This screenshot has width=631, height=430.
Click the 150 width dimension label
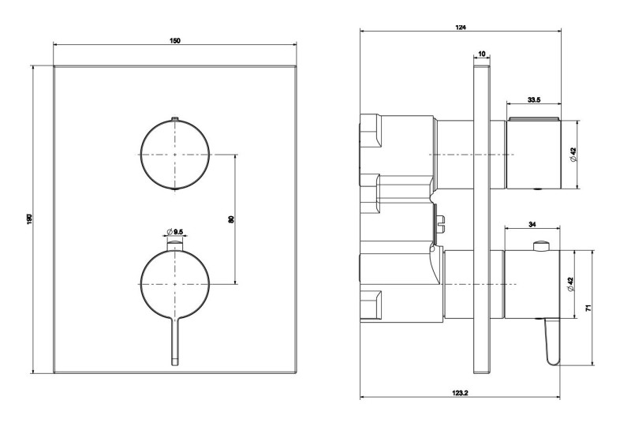tap(175, 40)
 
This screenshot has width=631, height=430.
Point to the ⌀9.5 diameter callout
tap(174, 231)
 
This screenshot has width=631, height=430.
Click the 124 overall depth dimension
tap(461, 28)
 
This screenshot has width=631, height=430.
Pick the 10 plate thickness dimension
tap(480, 54)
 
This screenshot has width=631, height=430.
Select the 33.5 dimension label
tap(533, 99)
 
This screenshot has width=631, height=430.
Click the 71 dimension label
tap(588, 308)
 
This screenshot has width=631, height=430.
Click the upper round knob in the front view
tap(175, 154)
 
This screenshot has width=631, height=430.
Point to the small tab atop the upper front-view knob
tap(175, 120)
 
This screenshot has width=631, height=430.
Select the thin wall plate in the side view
tap(480, 221)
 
